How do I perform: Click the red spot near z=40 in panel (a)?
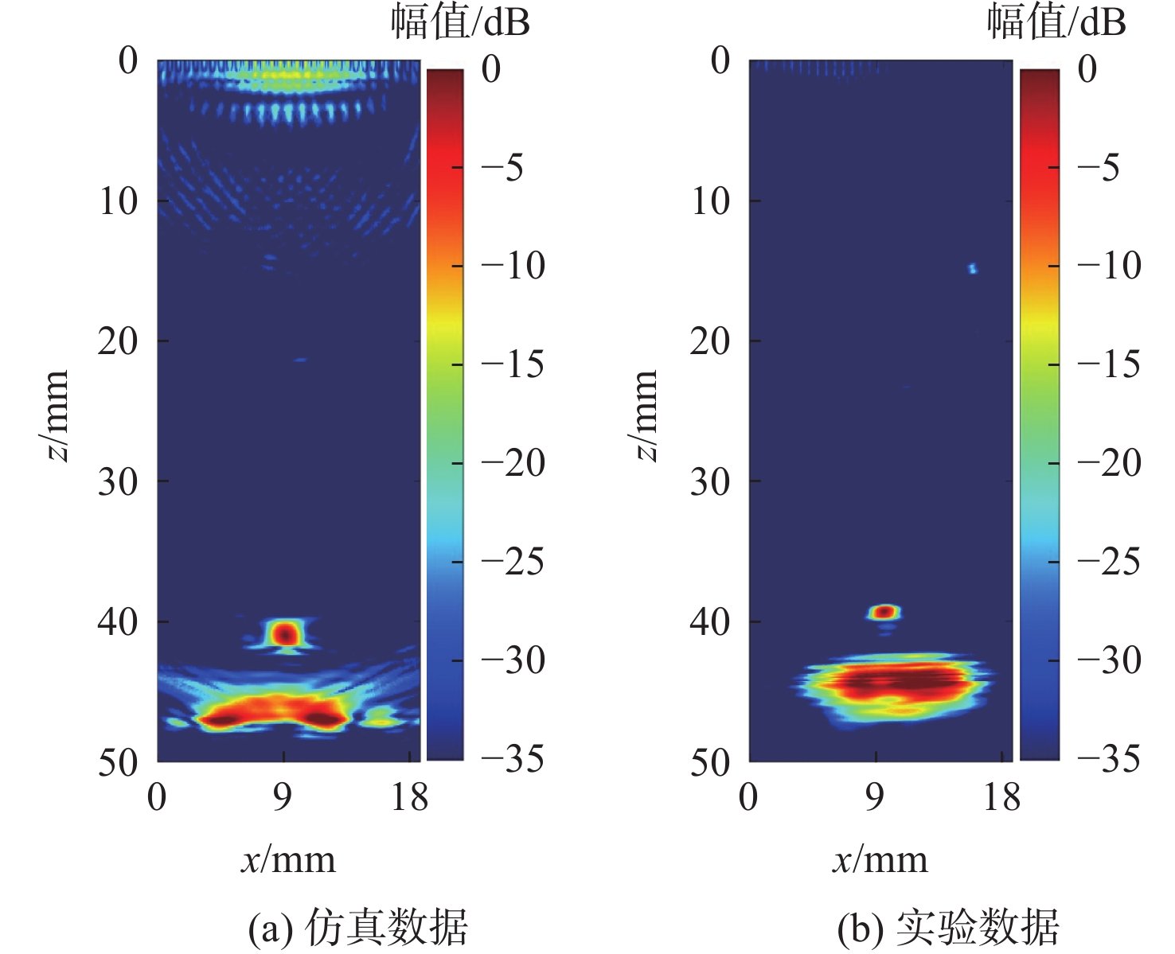(x=285, y=634)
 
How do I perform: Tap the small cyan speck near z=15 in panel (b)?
(x=972, y=269)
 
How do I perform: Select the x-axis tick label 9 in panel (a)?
(x=283, y=796)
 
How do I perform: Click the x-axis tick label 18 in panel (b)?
(x=1001, y=796)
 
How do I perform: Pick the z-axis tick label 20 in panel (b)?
(x=709, y=341)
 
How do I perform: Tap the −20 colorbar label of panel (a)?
(x=513, y=463)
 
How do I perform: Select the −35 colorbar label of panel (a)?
(x=513, y=759)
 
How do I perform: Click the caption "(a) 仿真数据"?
(x=358, y=927)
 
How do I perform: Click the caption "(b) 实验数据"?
(x=949, y=927)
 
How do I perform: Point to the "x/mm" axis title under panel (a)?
(x=288, y=860)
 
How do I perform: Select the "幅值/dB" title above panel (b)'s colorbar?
(x=1056, y=22)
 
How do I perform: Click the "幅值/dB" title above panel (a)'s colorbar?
(x=460, y=22)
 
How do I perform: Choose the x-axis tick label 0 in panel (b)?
(x=748, y=796)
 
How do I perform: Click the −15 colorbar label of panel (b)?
(x=1109, y=364)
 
